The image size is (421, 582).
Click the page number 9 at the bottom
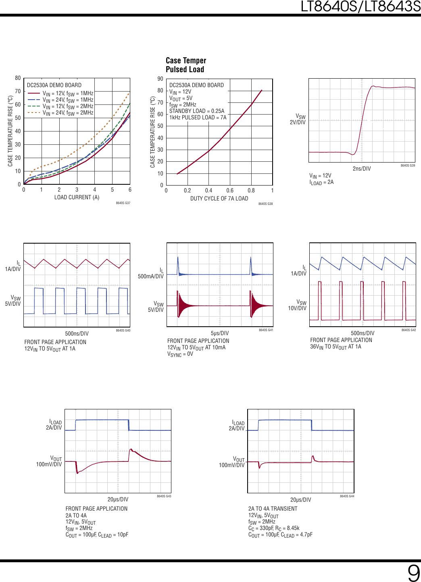tap(413, 573)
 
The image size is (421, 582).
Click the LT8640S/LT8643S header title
tap(361, 6)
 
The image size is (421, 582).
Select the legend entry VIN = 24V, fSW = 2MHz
tap(68, 113)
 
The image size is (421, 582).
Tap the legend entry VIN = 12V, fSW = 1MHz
tap(68, 94)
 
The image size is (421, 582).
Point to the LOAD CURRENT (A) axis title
tap(77, 197)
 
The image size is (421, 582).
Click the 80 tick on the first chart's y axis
tap(18, 78)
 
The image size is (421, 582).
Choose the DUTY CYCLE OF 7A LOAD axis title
tap(219, 198)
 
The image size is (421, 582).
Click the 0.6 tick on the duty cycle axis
tap(230, 190)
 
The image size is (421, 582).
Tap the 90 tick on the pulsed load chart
tap(160, 79)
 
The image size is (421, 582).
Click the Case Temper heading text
tap(186, 60)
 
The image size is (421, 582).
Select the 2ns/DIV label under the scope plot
tap(361, 169)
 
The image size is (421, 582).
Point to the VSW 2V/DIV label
tap(298, 119)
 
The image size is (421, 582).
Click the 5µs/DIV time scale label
tap(220, 333)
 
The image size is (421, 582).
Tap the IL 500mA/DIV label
tap(151, 273)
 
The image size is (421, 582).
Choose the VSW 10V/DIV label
tap(298, 305)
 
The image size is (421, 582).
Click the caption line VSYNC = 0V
tap(180, 354)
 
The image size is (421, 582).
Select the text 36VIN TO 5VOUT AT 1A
tap(336, 347)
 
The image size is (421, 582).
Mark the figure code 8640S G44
tap(347, 496)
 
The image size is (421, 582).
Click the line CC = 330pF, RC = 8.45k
tap(274, 528)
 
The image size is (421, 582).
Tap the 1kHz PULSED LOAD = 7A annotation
tap(198, 117)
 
